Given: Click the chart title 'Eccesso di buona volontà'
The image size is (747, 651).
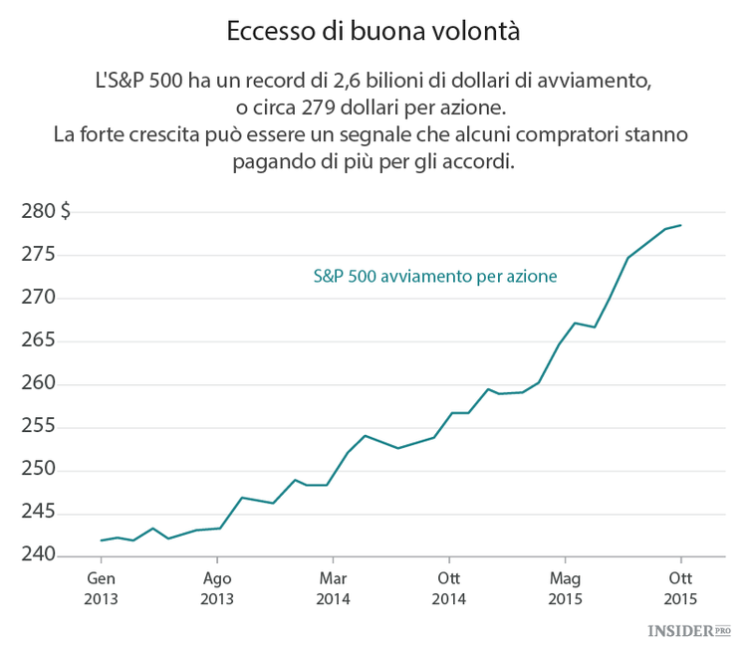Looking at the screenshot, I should click(x=373, y=31).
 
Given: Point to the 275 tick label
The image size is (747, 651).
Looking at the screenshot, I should click(x=38, y=255).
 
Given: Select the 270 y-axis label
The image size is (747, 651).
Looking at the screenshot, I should click(x=38, y=298).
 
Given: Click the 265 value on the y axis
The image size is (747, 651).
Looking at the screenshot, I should click(x=38, y=340).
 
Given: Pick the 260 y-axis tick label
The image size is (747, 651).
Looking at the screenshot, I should click(x=38, y=384).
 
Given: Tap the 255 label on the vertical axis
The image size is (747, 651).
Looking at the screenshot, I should click(x=38, y=427).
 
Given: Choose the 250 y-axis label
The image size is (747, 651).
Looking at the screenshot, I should click(x=38, y=470).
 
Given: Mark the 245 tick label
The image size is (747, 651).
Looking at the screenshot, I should click(x=38, y=513).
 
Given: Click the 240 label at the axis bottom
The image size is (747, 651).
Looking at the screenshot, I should click(x=38, y=555).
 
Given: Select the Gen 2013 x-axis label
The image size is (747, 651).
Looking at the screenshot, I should click(x=102, y=588).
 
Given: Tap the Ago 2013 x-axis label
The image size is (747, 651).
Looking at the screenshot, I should click(x=217, y=588).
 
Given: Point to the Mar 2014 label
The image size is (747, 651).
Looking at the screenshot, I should click(x=333, y=588).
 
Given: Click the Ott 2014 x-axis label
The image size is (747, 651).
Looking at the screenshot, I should click(x=449, y=588).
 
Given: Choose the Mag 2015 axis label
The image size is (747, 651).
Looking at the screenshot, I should click(x=565, y=588).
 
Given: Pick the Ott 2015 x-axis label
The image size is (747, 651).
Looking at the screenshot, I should click(x=680, y=588).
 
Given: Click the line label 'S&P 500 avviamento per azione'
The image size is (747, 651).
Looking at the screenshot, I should click(x=434, y=276).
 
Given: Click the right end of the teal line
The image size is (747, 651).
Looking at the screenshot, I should click(x=680, y=225).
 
